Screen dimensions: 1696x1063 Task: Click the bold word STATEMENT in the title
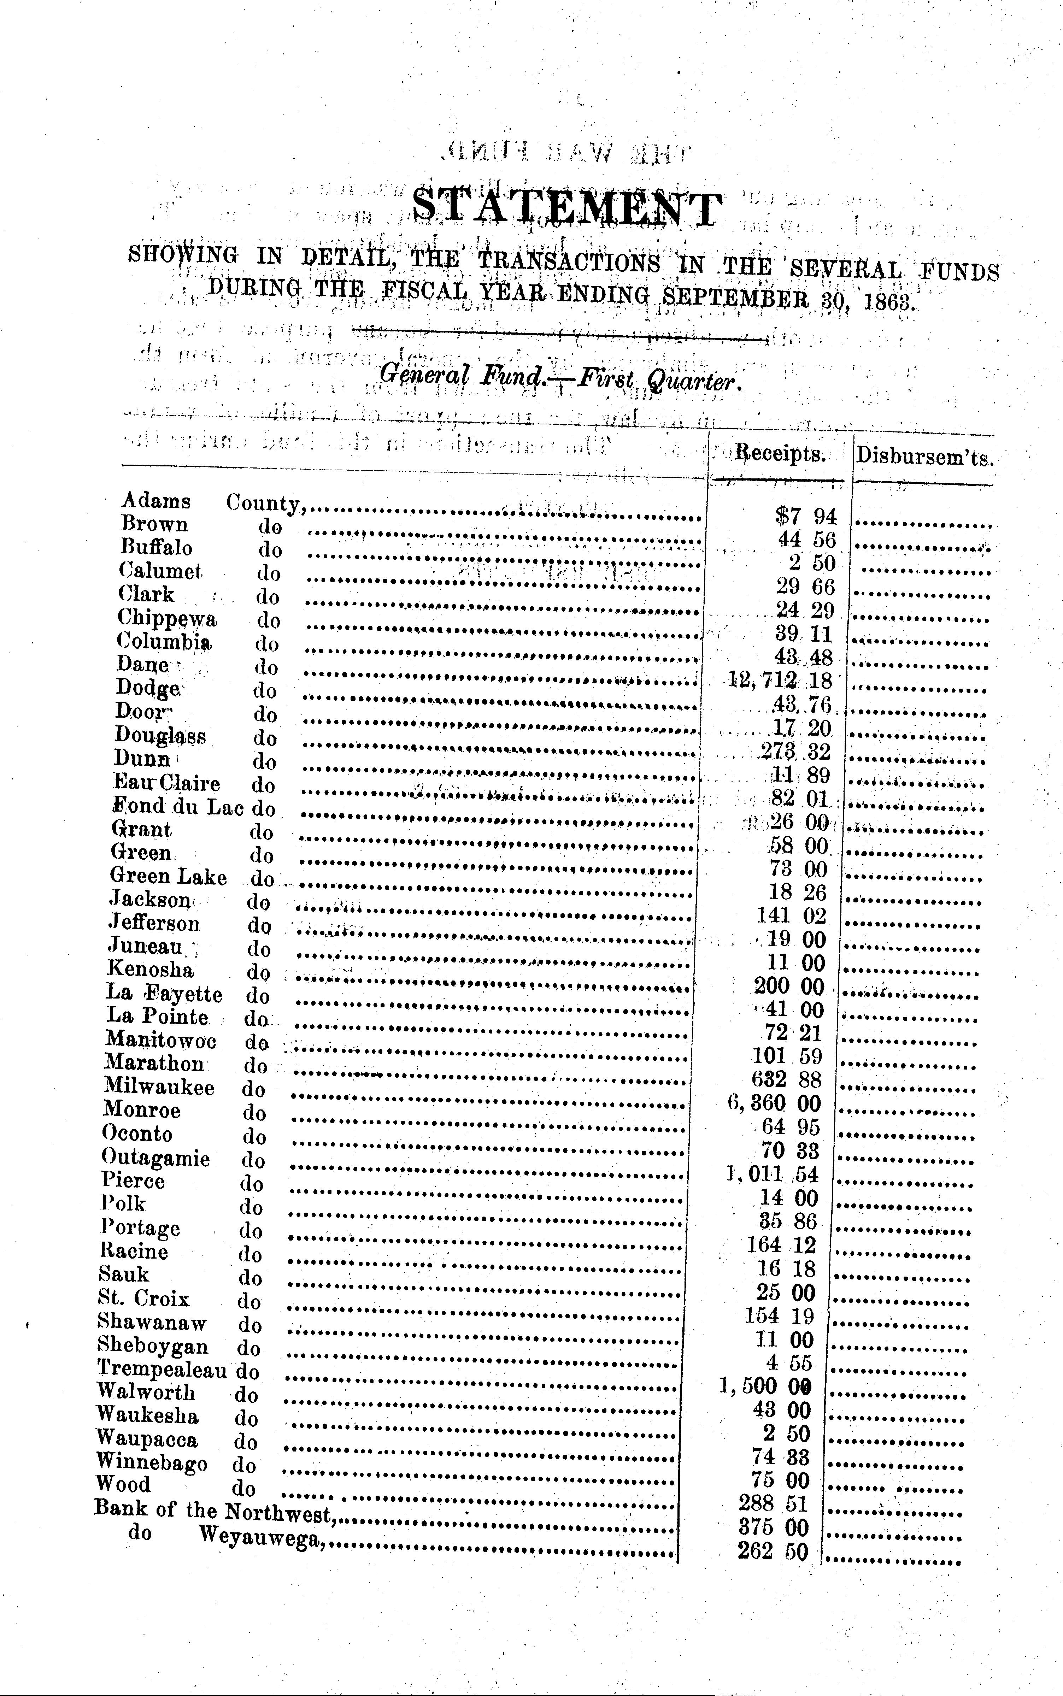[566, 210]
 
